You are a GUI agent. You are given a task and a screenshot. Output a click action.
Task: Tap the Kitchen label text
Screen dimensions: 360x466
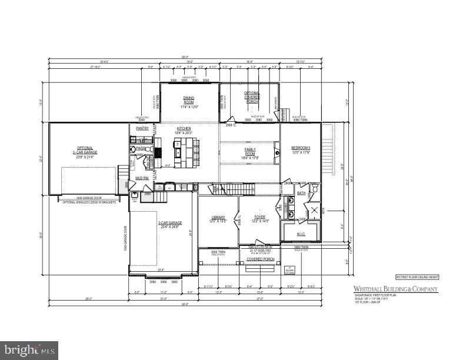[184, 128]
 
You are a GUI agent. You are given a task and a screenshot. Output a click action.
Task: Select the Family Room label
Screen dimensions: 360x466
[250, 152]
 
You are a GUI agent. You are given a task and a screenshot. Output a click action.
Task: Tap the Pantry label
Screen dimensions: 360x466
[142, 128]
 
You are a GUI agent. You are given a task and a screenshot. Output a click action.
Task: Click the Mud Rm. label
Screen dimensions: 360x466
[142, 178]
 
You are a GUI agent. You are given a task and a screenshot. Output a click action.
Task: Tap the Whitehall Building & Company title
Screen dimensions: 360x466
[395, 289]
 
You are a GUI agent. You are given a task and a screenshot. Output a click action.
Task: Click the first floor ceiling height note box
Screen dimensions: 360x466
[417, 276]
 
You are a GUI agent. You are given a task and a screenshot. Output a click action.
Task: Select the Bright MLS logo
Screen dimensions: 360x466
[29, 351]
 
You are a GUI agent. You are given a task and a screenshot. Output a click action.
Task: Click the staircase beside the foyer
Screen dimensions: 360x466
[236, 189]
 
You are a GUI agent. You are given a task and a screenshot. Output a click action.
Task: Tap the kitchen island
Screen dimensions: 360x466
[183, 152]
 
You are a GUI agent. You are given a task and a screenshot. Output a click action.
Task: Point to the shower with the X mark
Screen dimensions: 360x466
[314, 211]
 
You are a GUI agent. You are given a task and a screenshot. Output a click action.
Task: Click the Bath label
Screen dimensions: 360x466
[301, 193]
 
